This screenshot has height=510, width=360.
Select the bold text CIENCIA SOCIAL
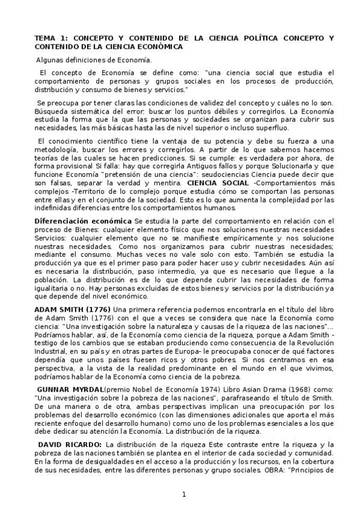[216, 182]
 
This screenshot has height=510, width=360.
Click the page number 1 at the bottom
[185, 494]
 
